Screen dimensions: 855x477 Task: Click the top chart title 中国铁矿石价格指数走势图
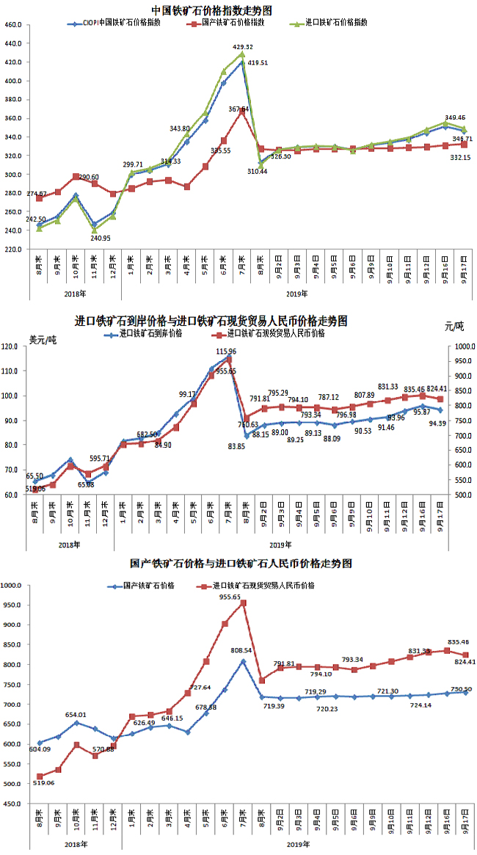pos(211,10)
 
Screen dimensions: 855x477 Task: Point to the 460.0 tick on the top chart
pos(13,25)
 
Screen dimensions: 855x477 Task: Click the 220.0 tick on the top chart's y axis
pos(13,250)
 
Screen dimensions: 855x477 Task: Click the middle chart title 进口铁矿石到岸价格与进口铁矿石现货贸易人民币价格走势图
pos(211,321)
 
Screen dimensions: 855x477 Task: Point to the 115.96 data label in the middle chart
pos(232,352)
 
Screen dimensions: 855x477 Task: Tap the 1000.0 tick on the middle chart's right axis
pos(462,346)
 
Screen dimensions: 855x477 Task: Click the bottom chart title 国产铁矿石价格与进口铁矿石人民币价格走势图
pos(241,564)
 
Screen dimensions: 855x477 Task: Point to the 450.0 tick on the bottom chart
pos(13,804)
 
